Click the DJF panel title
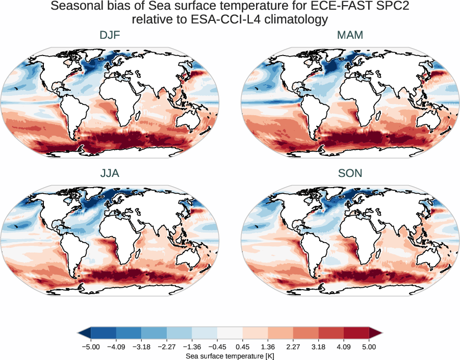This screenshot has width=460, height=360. (x=110, y=35)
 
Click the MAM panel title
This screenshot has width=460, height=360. (x=350, y=35)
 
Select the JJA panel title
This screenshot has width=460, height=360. (x=110, y=173)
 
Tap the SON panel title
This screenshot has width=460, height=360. (x=350, y=173)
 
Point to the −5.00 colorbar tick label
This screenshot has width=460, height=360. (x=90, y=347)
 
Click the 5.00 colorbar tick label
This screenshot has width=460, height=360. (x=369, y=347)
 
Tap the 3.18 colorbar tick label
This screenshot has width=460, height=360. (x=318, y=347)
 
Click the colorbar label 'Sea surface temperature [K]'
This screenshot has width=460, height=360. (x=230, y=355)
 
